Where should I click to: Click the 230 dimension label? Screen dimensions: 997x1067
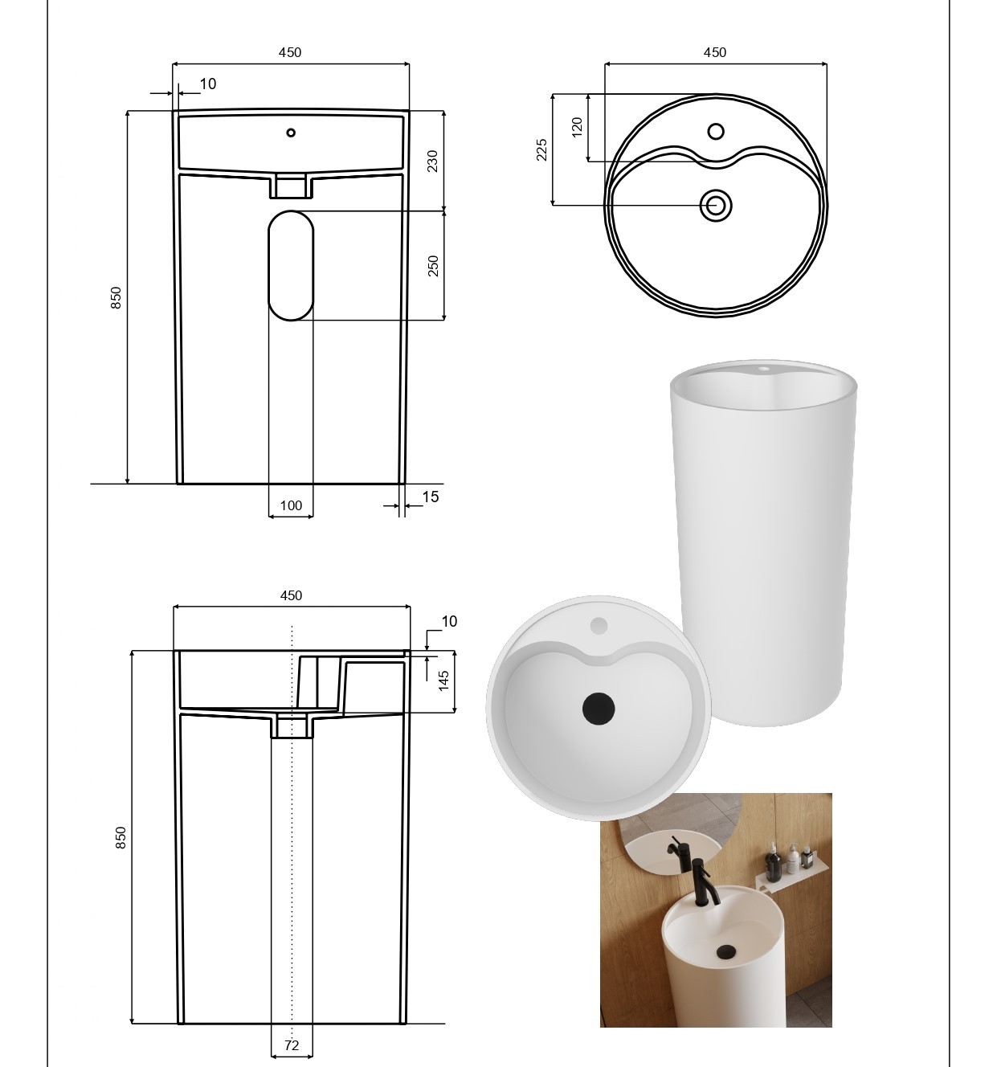pos(433,161)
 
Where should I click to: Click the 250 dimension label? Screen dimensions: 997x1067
pos(433,266)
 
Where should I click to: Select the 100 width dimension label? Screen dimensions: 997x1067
pos(291,505)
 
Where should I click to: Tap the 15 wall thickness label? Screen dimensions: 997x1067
pos(431,497)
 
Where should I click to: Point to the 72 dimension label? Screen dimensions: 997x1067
pos(292,1045)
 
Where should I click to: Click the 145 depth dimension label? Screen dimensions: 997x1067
pos(443,681)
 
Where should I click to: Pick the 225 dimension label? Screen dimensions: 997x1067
pos(541,150)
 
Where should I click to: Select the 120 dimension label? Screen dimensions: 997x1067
pos(577,127)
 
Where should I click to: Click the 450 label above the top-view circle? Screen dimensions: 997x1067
pos(715,52)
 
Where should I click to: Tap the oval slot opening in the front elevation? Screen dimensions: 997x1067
pos(291,266)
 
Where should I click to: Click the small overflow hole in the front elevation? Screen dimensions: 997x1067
pos(291,133)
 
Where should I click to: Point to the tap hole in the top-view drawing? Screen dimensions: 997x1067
pos(716,131)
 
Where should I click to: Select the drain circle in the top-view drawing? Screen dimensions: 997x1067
pos(715,205)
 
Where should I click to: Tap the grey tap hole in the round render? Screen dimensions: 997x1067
pos(599,626)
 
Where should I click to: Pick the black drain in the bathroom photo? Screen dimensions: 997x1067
pos(725,953)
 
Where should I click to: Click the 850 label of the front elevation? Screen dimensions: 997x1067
pos(116,297)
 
